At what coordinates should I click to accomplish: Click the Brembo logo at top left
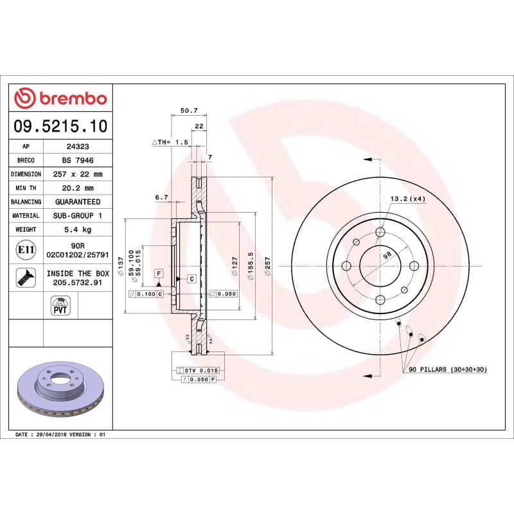60,98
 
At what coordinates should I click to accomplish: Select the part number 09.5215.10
60,125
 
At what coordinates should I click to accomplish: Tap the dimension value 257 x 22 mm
78,174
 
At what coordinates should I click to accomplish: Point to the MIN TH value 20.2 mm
78,188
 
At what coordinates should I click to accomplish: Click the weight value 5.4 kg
78,229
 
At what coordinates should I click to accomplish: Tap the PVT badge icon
60,305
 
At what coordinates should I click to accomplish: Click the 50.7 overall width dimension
188,111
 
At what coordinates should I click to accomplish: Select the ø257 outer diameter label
267,265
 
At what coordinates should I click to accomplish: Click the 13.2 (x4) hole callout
407,199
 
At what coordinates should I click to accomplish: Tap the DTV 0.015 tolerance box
197,371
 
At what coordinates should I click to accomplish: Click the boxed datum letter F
157,274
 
